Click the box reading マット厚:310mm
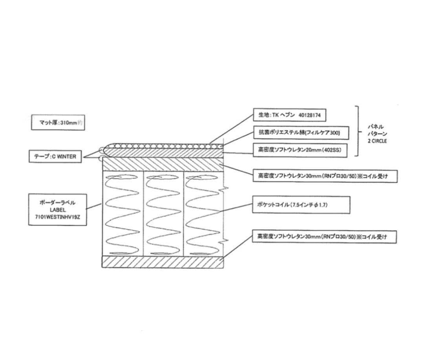[58, 122]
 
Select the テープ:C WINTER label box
[55, 156]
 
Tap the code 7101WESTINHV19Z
[58, 217]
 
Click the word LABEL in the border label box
[58, 210]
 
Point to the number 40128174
[309, 115]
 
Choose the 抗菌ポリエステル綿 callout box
[301, 132]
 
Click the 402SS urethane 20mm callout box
[300, 150]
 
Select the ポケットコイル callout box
[301, 205]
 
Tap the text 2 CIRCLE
[377, 141]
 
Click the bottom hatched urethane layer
[163, 262]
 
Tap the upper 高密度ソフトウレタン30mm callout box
[325, 176]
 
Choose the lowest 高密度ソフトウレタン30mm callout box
[324, 237]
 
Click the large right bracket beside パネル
[358, 131]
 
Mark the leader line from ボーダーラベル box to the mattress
[93, 206]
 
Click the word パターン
[377, 134]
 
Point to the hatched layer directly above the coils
[163, 164]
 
